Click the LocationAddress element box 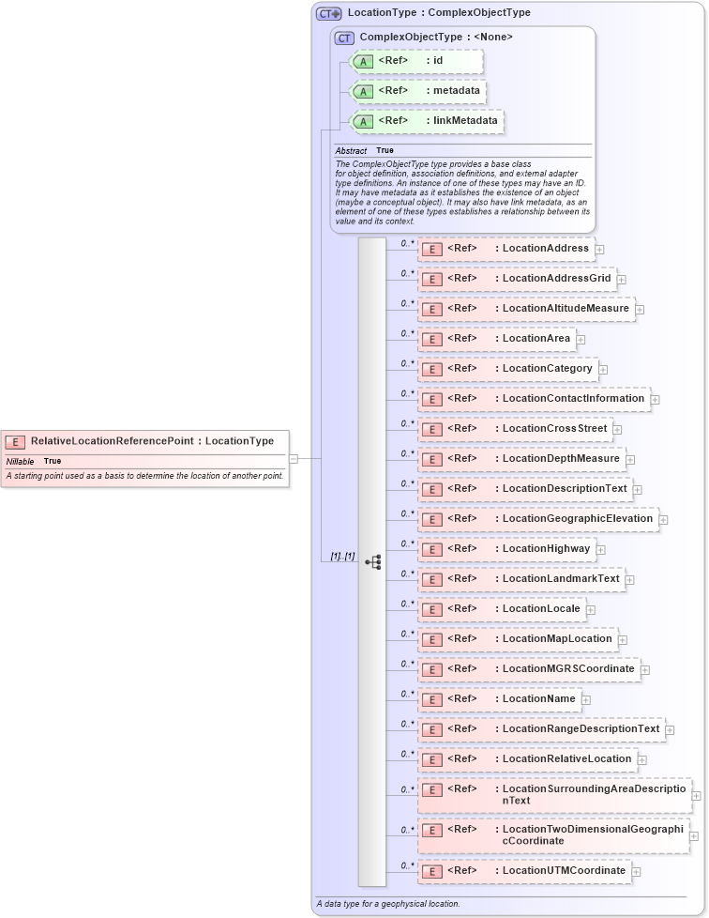[505, 249]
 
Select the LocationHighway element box [506, 549]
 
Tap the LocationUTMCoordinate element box [523, 871]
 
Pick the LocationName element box [499, 699]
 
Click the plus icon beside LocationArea [581, 339]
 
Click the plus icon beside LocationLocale [591, 610]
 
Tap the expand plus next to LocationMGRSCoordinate [645, 670]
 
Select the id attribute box [416, 61]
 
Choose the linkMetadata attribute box [427, 121]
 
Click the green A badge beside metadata [362, 92]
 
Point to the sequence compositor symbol [372, 562]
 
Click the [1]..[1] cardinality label [341, 557]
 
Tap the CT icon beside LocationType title [328, 13]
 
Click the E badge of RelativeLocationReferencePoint [15, 441]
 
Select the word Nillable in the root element [21, 462]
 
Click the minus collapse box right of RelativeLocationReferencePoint [294, 459]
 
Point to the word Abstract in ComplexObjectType [351, 151]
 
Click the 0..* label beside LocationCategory [407, 363]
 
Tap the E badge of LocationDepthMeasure [432, 460]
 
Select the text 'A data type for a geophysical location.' [387, 903]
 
